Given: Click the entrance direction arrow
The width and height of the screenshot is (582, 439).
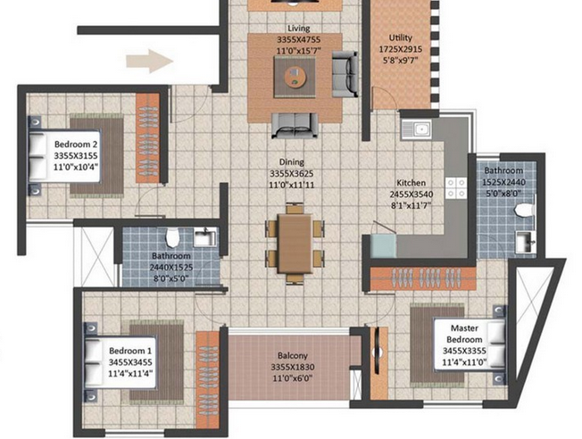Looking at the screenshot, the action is pos(150,61).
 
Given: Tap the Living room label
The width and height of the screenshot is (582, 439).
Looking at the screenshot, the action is pos(299,29).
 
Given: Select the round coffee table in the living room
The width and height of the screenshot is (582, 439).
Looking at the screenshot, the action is pos(295,78).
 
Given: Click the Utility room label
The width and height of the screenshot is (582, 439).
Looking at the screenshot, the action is pos(401,37).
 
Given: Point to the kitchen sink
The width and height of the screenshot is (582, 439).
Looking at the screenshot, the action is pos(416,129).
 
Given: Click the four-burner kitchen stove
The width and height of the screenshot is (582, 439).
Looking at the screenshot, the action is pos(456,187).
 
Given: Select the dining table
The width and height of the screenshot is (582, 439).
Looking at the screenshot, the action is pos(295,244).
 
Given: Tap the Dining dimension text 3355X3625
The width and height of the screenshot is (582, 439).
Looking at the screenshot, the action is pos(292,173).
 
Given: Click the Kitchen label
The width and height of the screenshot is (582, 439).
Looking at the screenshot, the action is pos(412,183).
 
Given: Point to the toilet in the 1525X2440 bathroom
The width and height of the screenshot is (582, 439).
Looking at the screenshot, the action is pos(524,211).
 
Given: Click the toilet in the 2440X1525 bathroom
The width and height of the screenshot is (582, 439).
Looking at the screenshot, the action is pos(172,237).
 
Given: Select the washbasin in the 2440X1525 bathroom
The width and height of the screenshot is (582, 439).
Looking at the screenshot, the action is pos(204,237).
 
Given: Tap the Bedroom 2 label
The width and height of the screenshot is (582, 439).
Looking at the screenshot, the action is pos(76,144).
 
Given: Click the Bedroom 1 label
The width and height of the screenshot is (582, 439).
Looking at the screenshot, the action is pos(130,351).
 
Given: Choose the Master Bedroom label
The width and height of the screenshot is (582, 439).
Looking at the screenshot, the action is pos(464,334).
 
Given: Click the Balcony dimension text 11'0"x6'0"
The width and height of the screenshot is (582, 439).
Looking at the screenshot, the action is pos(293,378).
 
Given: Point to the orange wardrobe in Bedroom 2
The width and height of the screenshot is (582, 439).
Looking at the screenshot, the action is pos(147,137).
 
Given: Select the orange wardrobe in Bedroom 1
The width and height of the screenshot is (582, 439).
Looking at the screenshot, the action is pos(208,380).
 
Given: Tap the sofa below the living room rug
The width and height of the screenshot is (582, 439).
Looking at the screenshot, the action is pos(295,126).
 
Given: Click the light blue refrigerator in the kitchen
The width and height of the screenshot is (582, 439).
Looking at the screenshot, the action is pos(384,246).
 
